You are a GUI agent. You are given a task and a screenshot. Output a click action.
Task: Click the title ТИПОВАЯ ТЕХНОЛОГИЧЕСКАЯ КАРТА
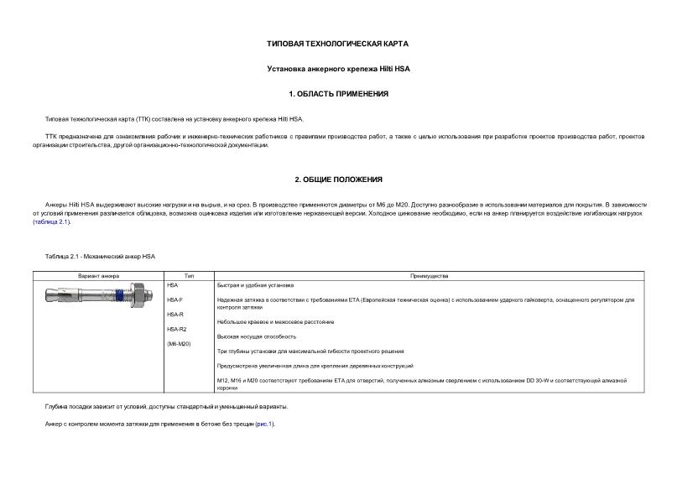(337, 43)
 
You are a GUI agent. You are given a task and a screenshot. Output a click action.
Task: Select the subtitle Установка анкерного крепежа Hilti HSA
(337, 68)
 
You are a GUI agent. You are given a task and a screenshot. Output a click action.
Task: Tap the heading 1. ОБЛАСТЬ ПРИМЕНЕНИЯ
(337, 94)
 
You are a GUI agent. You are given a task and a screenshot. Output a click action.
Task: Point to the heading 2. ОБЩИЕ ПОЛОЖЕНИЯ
(337, 180)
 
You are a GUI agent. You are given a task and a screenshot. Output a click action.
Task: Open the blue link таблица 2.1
(51, 222)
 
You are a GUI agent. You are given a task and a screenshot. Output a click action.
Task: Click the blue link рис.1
(264, 424)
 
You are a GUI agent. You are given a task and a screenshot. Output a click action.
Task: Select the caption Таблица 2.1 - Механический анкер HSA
(101, 256)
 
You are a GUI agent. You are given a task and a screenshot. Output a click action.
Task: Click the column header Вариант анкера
(98, 276)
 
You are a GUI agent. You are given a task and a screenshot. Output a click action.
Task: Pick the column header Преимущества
(429, 276)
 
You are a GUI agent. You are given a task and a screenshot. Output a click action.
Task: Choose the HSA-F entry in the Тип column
(174, 300)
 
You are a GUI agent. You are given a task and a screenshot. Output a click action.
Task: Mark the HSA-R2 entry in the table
(176, 329)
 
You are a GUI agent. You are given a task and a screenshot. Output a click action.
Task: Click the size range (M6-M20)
(179, 344)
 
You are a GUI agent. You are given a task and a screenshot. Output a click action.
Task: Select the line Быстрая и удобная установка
(255, 286)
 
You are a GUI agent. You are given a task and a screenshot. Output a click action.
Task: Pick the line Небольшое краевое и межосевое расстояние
(274, 322)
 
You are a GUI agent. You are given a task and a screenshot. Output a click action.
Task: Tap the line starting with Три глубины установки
(310, 351)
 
